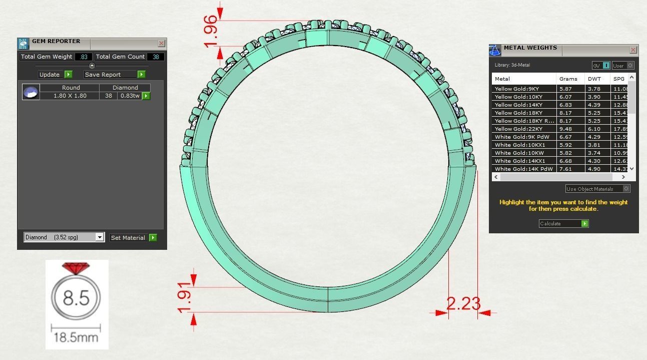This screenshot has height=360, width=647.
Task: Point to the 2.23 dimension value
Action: pyautogui.click(x=463, y=303)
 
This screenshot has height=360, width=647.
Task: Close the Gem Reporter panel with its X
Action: pyautogui.click(x=161, y=44)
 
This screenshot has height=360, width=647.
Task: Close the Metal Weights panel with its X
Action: pyautogui.click(x=633, y=50)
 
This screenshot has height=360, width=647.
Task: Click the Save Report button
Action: pyautogui.click(x=114, y=75)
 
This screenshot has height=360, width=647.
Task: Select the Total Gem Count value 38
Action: pyautogui.click(x=156, y=57)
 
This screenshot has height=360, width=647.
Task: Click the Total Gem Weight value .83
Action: pyautogui.click(x=83, y=57)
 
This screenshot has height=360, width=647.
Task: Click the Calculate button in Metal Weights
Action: pyautogui.click(x=563, y=224)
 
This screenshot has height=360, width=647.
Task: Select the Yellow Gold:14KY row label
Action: pyautogui.click(x=518, y=105)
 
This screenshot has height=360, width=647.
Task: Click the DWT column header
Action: pyautogui.click(x=594, y=79)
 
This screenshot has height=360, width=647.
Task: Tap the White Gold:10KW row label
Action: pyautogui.click(x=518, y=153)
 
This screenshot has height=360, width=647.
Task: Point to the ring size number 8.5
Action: pyautogui.click(x=76, y=298)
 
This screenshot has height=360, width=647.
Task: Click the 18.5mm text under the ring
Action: pyautogui.click(x=76, y=337)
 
